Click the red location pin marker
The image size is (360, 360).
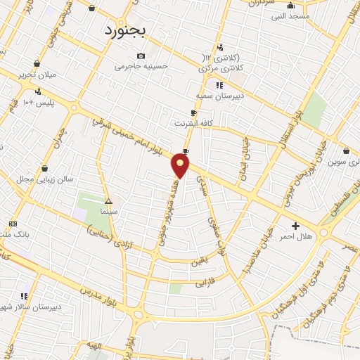coord(180,166)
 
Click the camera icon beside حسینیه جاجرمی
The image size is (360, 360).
coord(141,56)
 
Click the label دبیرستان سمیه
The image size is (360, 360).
coord(219,95)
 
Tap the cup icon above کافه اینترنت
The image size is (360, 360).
coord(194,112)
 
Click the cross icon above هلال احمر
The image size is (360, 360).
coord(295,226)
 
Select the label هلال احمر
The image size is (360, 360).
coord(296,237)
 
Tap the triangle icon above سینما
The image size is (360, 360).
coord(108,200)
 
